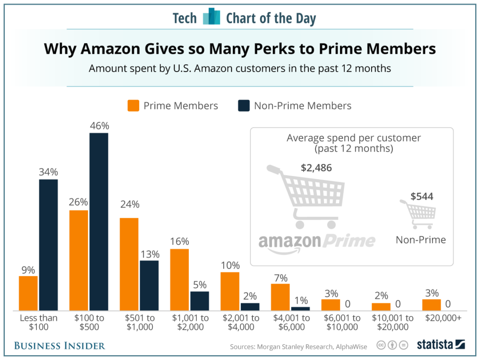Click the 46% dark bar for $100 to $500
99,221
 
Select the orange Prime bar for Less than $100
28,293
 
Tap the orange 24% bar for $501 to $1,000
129,264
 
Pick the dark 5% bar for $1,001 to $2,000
200,301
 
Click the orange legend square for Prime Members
133,106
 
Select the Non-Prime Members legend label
302,106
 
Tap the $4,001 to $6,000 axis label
291,322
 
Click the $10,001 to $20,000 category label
393,322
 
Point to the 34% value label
48,172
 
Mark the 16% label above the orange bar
179,241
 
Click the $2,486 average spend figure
316,168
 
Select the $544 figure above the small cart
422,196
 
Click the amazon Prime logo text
316,241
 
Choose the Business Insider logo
60,345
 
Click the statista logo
440,344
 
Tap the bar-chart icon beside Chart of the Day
211,17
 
